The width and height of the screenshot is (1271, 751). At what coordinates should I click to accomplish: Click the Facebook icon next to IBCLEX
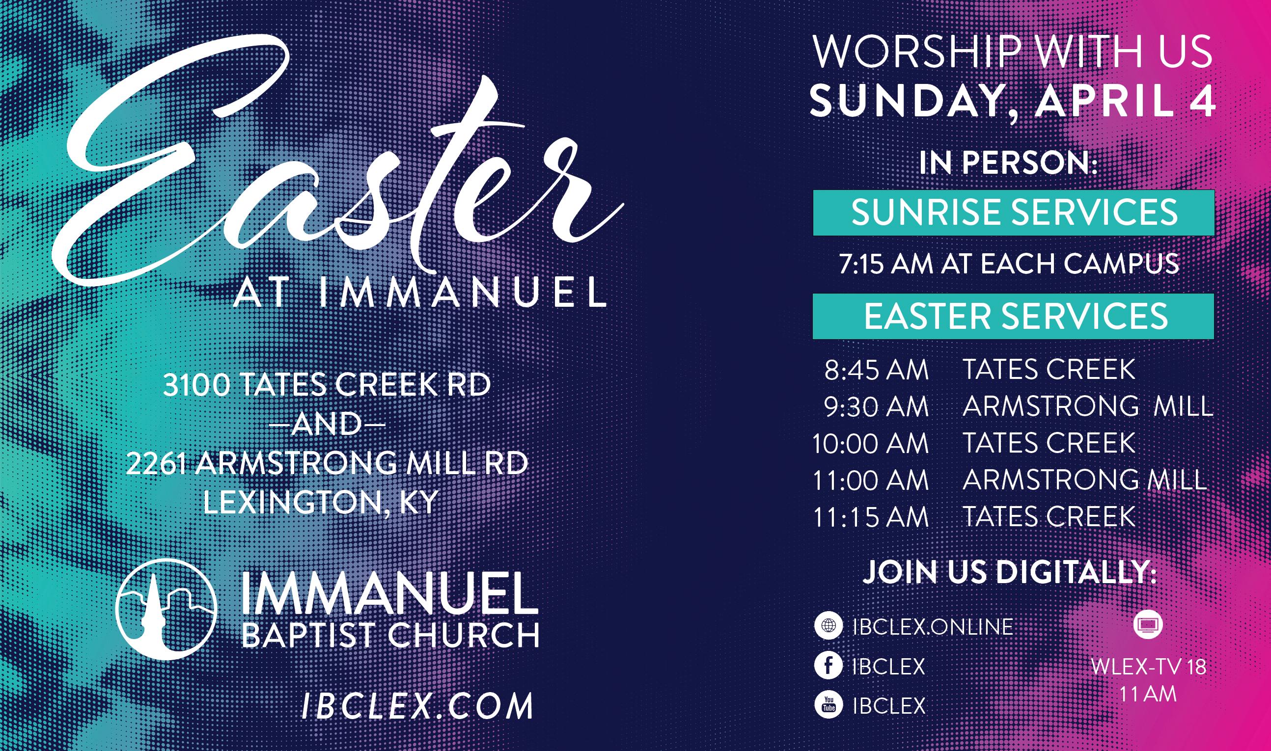(828, 666)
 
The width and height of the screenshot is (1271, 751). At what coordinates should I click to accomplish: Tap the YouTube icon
(828, 704)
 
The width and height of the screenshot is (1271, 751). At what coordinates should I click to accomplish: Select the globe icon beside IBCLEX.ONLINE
(828, 626)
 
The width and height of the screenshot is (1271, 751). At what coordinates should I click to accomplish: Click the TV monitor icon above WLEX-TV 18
(1148, 626)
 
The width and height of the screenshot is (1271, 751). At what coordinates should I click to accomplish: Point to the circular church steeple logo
(166, 610)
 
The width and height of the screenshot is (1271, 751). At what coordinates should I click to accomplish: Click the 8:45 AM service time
(876, 370)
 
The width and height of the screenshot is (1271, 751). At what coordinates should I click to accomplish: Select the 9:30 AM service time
(876, 407)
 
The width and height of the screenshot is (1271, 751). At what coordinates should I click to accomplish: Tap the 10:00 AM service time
(871, 444)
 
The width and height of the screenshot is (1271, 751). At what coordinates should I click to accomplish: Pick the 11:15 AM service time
(871, 517)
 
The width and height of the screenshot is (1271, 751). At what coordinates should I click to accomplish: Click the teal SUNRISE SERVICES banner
(1013, 213)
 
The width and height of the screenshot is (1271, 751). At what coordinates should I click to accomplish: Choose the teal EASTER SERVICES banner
(1013, 316)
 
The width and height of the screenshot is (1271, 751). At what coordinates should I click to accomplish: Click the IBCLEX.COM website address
(417, 706)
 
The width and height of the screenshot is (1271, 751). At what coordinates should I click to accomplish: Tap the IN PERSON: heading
(1008, 163)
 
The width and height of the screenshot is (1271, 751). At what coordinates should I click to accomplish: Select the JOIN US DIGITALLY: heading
(1010, 572)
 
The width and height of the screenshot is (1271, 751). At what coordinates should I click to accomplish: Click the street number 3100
(196, 386)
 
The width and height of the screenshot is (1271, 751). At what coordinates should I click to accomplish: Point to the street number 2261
(159, 463)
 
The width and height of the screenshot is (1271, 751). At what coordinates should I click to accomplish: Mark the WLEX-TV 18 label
(1149, 667)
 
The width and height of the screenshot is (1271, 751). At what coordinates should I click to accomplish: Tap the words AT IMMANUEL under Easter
(419, 294)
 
